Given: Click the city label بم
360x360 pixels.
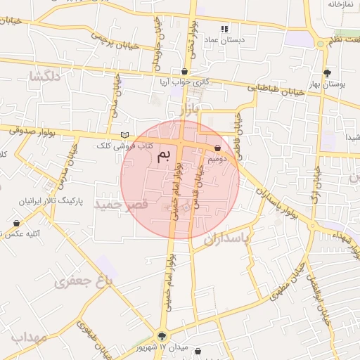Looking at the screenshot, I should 164,155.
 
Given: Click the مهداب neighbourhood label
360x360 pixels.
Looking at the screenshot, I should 29,338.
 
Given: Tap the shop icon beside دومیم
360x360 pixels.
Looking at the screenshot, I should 217,148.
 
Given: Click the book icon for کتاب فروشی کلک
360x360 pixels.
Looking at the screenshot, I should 125,135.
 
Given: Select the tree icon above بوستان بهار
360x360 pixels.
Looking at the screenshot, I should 328,73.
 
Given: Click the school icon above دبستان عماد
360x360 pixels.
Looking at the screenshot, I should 225,29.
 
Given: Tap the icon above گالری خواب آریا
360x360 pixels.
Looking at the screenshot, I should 184,72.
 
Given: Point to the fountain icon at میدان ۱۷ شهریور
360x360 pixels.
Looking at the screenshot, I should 163,337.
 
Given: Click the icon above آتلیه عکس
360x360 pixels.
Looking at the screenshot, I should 16,224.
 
